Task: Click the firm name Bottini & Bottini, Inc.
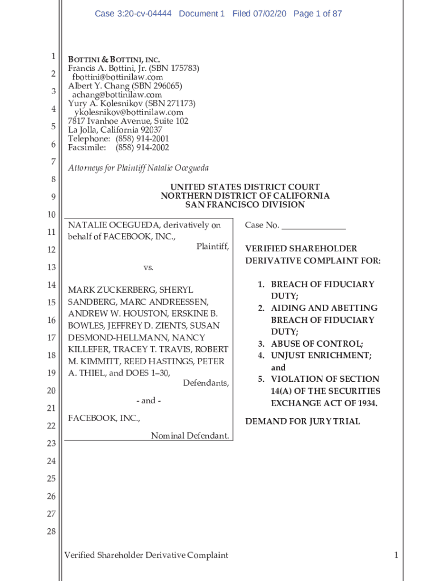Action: coord(114,60)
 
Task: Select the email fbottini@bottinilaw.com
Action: coord(117,77)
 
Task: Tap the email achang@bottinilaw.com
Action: coord(116,95)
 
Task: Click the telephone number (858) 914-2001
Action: coord(142,139)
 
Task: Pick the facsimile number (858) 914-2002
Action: coord(142,148)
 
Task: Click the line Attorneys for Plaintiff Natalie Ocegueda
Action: coord(138,168)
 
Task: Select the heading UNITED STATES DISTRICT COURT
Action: coord(245,187)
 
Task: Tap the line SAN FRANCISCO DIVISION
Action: coord(245,204)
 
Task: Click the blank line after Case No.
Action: coord(313,226)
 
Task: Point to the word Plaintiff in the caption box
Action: coord(212,246)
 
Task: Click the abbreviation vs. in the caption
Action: coord(148,267)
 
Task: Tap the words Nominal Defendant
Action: coord(190,436)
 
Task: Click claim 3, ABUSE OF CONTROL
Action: coord(316,343)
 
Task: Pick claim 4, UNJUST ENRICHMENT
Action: coord(321,355)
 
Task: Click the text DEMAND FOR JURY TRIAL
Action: coord(302,422)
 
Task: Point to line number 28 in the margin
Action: coord(51,532)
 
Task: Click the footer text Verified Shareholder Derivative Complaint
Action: coord(146,555)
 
